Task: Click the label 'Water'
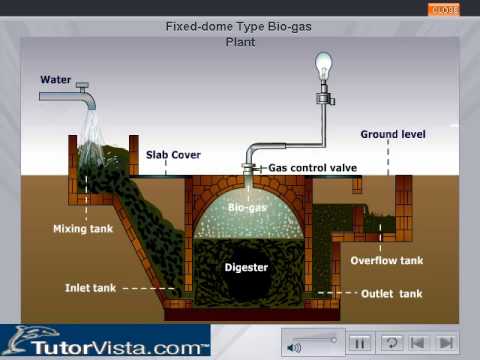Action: pos(56,79)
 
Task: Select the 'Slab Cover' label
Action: pos(173,155)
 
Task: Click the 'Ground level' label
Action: pos(393,133)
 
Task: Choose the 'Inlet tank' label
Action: pos(91,287)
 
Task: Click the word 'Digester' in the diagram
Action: pos(246,268)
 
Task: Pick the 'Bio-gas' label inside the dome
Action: pos(246,208)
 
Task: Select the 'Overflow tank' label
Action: pos(388,261)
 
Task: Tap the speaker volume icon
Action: pos(294,347)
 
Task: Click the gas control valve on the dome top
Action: pos(250,168)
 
